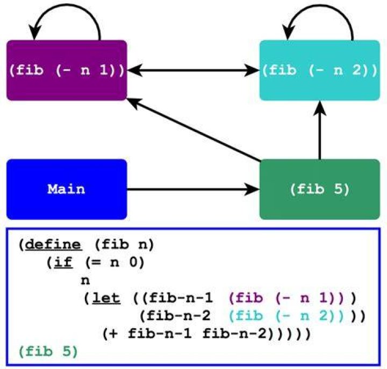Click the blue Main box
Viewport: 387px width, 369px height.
(67, 189)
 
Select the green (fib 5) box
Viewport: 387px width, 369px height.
(320, 189)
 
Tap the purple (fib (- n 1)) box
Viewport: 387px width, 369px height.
(67, 70)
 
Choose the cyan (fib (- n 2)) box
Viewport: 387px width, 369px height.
(320, 70)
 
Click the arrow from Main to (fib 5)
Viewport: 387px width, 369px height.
(193, 189)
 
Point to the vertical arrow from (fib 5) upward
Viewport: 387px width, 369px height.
(320, 130)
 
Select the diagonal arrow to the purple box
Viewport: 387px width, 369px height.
(193, 130)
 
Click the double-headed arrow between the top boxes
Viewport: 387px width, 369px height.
(193, 70)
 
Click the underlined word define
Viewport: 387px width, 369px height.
(53, 245)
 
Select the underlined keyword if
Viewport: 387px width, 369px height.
(63, 262)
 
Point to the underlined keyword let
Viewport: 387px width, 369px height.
(106, 298)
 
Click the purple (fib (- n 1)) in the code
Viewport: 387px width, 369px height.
(286, 298)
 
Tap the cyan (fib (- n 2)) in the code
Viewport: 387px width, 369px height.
(286, 316)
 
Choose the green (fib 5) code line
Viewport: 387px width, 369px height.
(48, 351)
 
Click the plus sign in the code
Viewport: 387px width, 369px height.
(113, 334)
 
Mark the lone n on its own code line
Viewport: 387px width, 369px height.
(85, 281)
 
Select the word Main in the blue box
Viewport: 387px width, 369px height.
(66, 189)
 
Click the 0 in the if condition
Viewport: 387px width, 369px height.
(133, 262)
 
